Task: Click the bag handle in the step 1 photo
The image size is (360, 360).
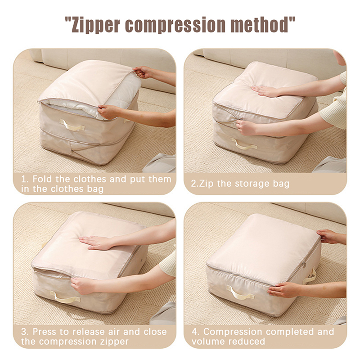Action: [72, 125]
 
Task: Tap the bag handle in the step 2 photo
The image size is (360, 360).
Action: [244, 144]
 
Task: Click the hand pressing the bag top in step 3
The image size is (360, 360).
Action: [96, 243]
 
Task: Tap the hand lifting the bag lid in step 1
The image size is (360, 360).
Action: [142, 72]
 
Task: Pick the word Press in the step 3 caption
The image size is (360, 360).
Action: [45, 332]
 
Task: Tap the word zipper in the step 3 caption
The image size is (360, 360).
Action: [114, 342]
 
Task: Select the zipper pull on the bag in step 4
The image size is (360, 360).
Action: [304, 264]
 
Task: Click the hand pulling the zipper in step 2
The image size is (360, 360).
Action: [245, 127]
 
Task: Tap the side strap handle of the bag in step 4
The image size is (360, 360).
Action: [310, 275]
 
